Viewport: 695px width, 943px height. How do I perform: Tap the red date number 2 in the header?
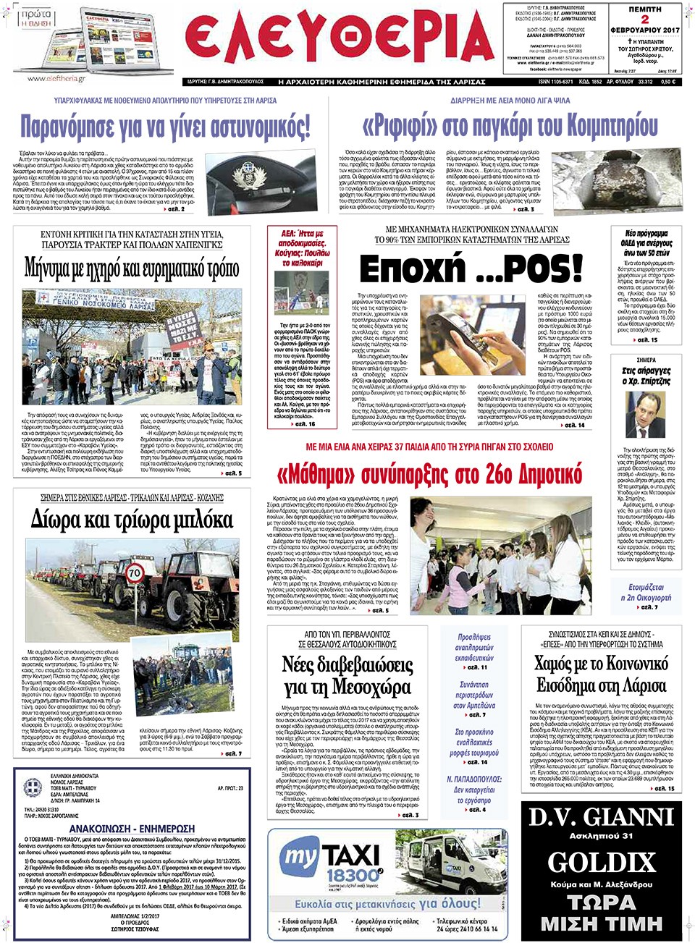click(x=644, y=20)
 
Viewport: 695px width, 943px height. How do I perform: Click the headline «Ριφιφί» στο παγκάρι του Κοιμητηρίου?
click(x=510, y=126)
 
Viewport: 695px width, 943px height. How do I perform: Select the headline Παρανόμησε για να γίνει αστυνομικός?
click(x=165, y=127)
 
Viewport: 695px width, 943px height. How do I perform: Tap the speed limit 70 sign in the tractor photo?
click(x=135, y=573)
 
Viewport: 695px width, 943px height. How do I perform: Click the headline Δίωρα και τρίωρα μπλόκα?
click(x=132, y=520)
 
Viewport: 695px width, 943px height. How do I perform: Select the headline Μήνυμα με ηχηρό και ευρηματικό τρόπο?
click(x=132, y=268)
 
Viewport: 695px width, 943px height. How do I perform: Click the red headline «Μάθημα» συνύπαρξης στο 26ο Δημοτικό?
click(x=429, y=475)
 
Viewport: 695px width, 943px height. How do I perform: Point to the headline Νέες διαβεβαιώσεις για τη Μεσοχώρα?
click(x=347, y=675)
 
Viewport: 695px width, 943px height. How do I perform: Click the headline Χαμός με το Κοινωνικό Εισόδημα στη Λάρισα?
click(x=601, y=674)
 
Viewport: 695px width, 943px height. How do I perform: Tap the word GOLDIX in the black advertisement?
click(x=601, y=863)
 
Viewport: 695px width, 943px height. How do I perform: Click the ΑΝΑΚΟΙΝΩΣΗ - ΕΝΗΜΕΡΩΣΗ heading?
click(x=132, y=828)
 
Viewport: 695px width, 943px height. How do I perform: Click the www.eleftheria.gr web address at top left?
click(x=56, y=78)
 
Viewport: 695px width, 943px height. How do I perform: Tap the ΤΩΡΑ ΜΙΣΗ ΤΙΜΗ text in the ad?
click(x=601, y=913)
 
